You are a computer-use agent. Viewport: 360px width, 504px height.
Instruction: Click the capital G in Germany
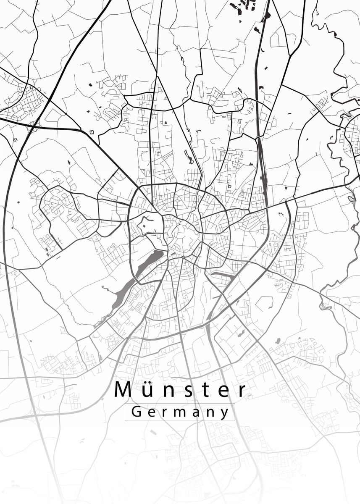point(136,412)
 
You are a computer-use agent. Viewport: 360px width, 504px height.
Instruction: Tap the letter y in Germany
point(225,413)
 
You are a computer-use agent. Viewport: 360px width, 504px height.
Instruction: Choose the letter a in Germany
point(195,412)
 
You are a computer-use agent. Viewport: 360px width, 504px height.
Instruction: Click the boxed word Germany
point(180,412)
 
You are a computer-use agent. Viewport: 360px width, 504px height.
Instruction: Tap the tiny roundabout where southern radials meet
point(183,256)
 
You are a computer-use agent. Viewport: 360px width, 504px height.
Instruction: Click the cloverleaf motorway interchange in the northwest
point(34,124)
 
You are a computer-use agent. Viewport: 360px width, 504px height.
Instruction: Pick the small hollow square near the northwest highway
point(92,132)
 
